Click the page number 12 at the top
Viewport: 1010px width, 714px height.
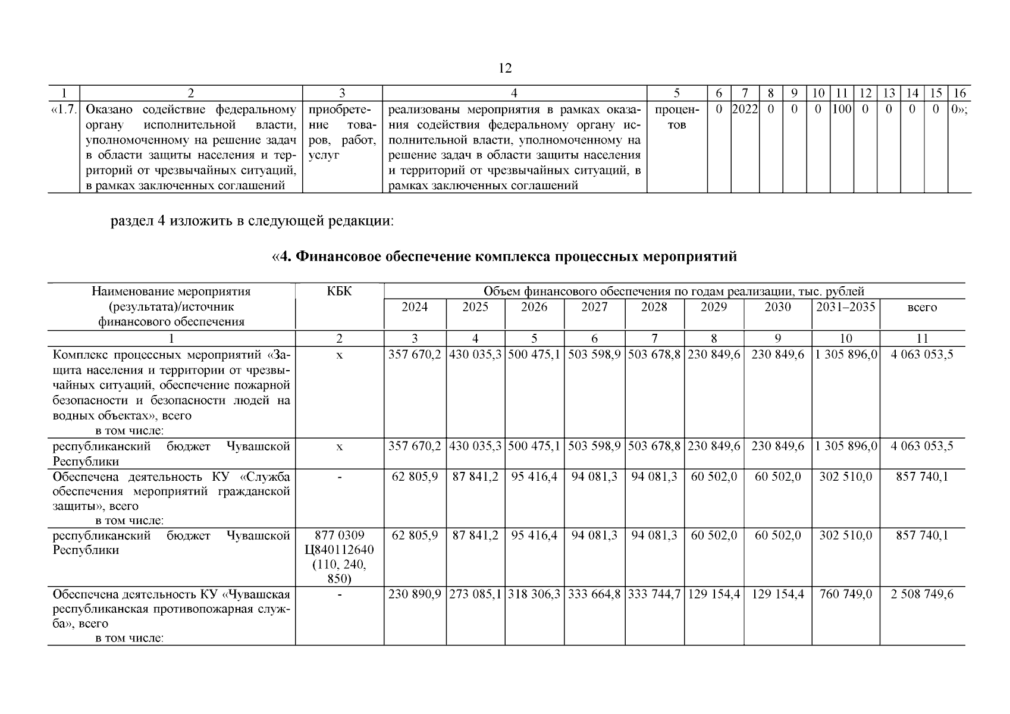point(504,68)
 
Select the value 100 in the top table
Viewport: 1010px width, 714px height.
point(842,110)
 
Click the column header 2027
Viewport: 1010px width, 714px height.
point(594,307)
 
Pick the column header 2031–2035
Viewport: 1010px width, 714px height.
point(845,307)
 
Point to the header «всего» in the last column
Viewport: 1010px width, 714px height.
point(922,308)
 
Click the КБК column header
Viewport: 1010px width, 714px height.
point(339,292)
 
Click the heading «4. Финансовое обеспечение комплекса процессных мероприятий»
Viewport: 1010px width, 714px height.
point(504,256)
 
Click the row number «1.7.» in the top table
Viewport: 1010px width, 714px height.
point(63,110)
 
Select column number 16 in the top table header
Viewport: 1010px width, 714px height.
point(959,93)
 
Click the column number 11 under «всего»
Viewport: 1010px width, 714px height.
point(922,339)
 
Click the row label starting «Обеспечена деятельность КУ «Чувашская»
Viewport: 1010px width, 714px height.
point(171,609)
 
